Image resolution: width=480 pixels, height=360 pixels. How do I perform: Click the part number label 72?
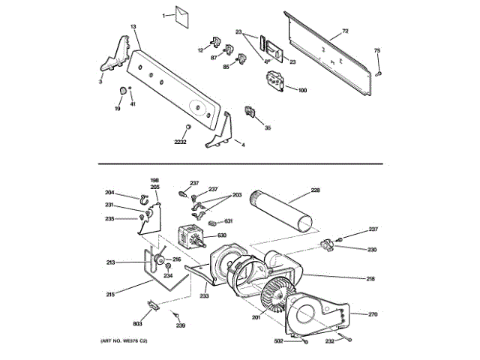(346, 31)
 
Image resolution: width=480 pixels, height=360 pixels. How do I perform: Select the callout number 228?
(315, 190)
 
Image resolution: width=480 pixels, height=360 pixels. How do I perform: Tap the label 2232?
(181, 142)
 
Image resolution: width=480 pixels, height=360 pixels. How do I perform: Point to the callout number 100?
(302, 91)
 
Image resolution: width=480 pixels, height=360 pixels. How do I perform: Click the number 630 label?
(221, 235)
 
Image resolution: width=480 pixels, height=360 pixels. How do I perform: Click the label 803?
(137, 322)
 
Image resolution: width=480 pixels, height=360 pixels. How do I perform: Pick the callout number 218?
(370, 279)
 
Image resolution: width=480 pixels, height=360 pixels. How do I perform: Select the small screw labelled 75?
(380, 73)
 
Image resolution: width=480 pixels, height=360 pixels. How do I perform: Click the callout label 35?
(268, 128)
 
